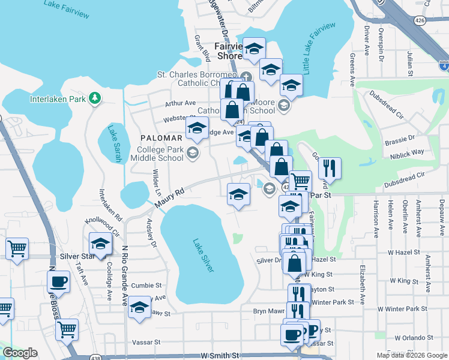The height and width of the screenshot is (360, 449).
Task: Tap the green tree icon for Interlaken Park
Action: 94,98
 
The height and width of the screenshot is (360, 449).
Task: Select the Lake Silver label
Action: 203,256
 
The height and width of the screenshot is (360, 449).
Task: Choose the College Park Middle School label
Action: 159,154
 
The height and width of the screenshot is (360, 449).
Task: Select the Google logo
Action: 21,353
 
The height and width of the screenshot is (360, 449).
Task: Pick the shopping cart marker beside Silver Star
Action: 17,247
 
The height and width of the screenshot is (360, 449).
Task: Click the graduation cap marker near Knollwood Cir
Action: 100,243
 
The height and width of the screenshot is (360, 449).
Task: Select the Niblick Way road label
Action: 408,152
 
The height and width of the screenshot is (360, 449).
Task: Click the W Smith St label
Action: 220,355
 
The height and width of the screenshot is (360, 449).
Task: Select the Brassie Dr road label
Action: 403,137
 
